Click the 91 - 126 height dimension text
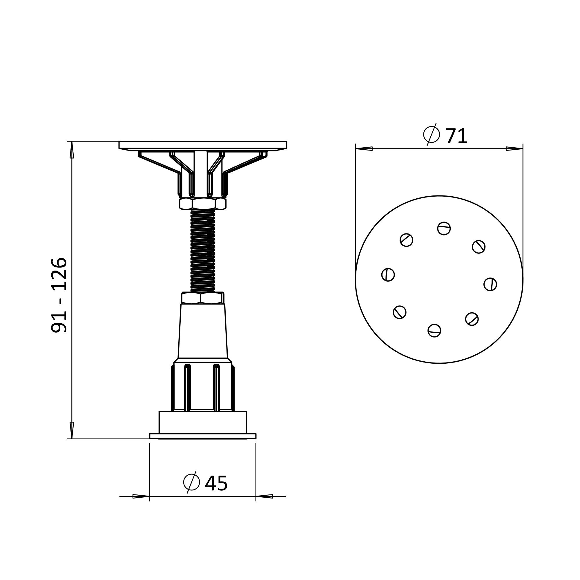(59, 295)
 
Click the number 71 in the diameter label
(456, 136)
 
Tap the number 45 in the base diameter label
(216, 484)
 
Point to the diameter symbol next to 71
(432, 135)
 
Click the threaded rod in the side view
(203, 251)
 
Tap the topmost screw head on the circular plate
(444, 229)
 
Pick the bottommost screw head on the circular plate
(434, 331)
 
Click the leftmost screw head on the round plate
(388, 275)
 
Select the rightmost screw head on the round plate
(490, 284)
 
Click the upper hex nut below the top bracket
(203, 204)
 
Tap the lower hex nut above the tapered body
(202, 298)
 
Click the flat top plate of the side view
(203, 145)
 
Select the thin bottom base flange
(203, 436)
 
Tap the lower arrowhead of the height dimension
(72, 430)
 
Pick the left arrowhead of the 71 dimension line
(364, 148)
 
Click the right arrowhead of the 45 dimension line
(264, 496)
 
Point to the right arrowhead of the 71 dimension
(514, 148)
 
